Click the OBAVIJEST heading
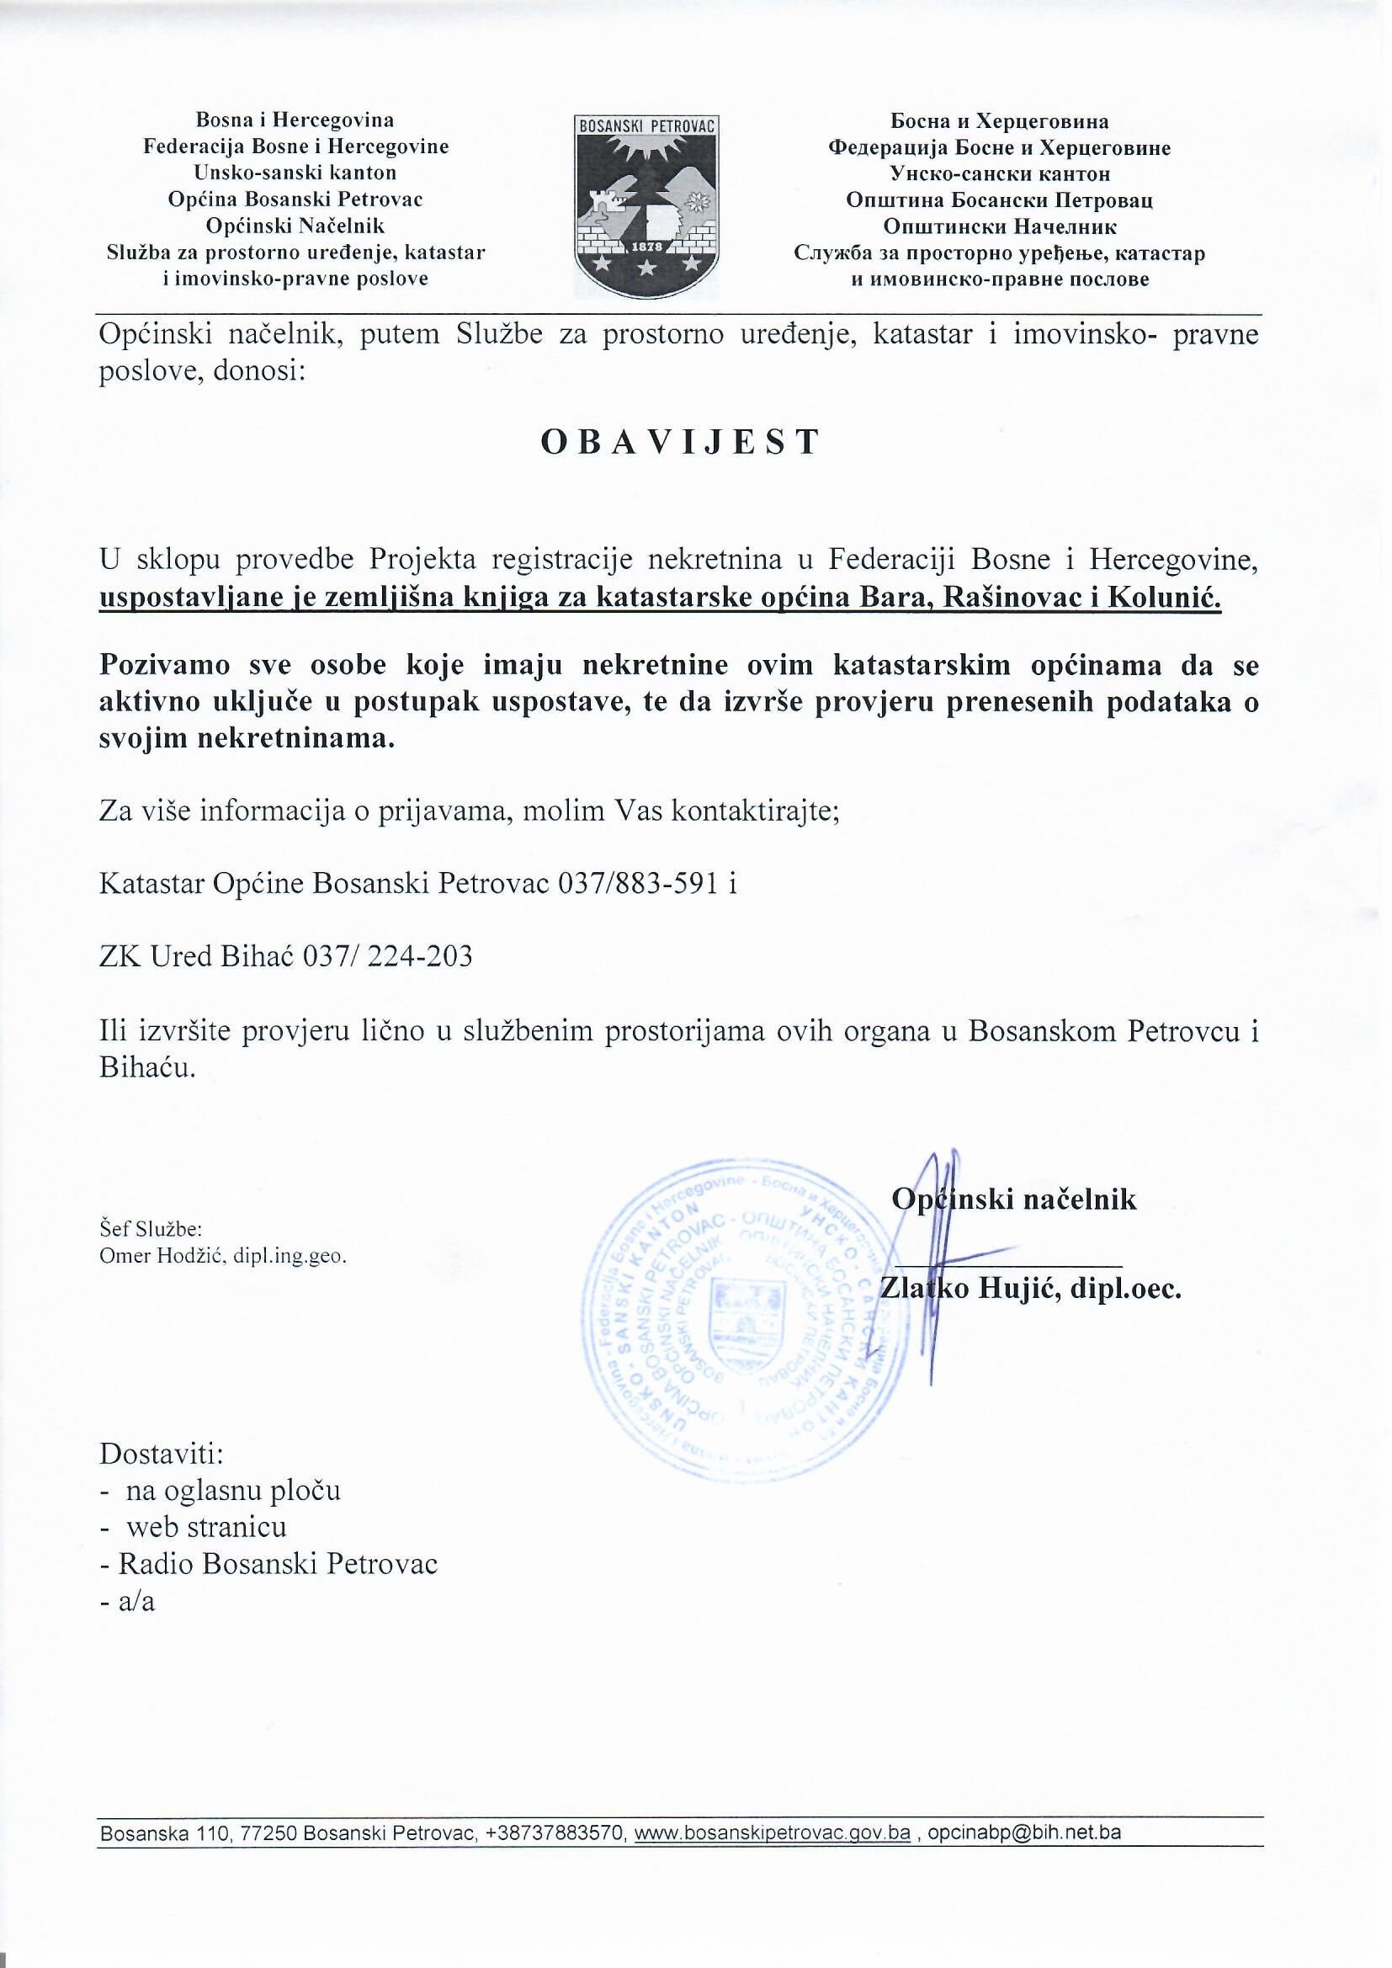point(681,442)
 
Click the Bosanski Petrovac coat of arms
point(647,207)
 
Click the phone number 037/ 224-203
point(387,956)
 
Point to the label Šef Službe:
point(151,1229)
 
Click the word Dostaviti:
point(162,1454)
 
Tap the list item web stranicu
point(206,1528)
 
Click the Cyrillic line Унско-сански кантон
point(1000,174)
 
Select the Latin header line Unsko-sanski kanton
point(295,173)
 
